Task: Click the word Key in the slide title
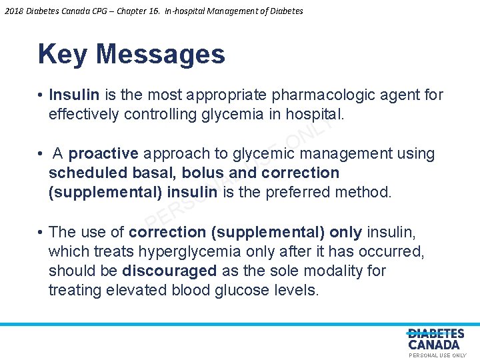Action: pyautogui.click(x=62, y=55)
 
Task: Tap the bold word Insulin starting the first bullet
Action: pyautogui.click(x=74, y=95)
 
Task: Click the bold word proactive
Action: pyautogui.click(x=103, y=154)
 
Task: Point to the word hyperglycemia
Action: pyautogui.click(x=177, y=252)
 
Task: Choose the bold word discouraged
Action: pyautogui.click(x=170, y=271)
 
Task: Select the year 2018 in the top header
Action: pyautogui.click(x=13, y=11)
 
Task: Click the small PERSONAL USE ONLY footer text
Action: pyautogui.click(x=437, y=356)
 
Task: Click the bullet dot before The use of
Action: pyautogui.click(x=41, y=233)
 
